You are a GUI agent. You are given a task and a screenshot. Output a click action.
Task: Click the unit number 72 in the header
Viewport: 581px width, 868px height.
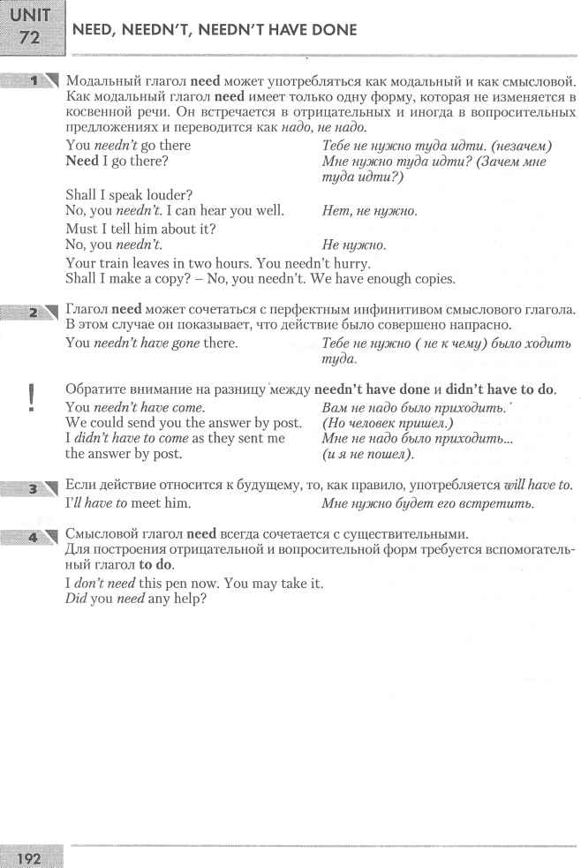point(30,40)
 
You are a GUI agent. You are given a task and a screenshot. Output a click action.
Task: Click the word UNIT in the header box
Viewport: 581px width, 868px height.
point(30,15)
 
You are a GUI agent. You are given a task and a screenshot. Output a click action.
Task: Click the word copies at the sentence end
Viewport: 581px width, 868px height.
point(431,280)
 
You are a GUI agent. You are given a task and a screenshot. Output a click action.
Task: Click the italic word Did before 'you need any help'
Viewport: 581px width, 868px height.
point(77,599)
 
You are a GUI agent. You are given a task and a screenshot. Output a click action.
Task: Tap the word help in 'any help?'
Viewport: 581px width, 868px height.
point(186,599)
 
